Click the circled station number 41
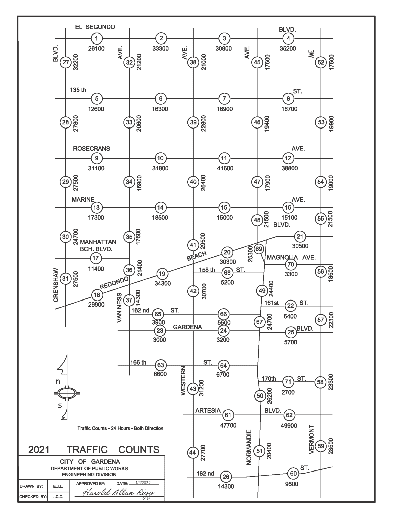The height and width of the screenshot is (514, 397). (x=193, y=245)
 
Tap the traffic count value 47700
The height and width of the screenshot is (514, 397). (x=228, y=425)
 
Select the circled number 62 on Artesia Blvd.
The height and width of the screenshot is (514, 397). (x=289, y=415)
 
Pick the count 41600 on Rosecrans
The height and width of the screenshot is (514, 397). (x=225, y=168)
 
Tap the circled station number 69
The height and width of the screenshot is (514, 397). (x=259, y=249)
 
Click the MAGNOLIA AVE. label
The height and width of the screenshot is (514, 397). (x=291, y=257)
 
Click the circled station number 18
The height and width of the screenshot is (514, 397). (x=97, y=295)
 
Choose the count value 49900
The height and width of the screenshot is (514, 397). (x=290, y=425)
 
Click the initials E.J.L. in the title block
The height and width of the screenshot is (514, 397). (x=56, y=486)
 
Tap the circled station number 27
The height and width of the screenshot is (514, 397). (x=65, y=62)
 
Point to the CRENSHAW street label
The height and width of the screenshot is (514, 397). (x=56, y=285)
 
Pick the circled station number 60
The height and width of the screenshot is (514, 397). (x=293, y=474)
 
